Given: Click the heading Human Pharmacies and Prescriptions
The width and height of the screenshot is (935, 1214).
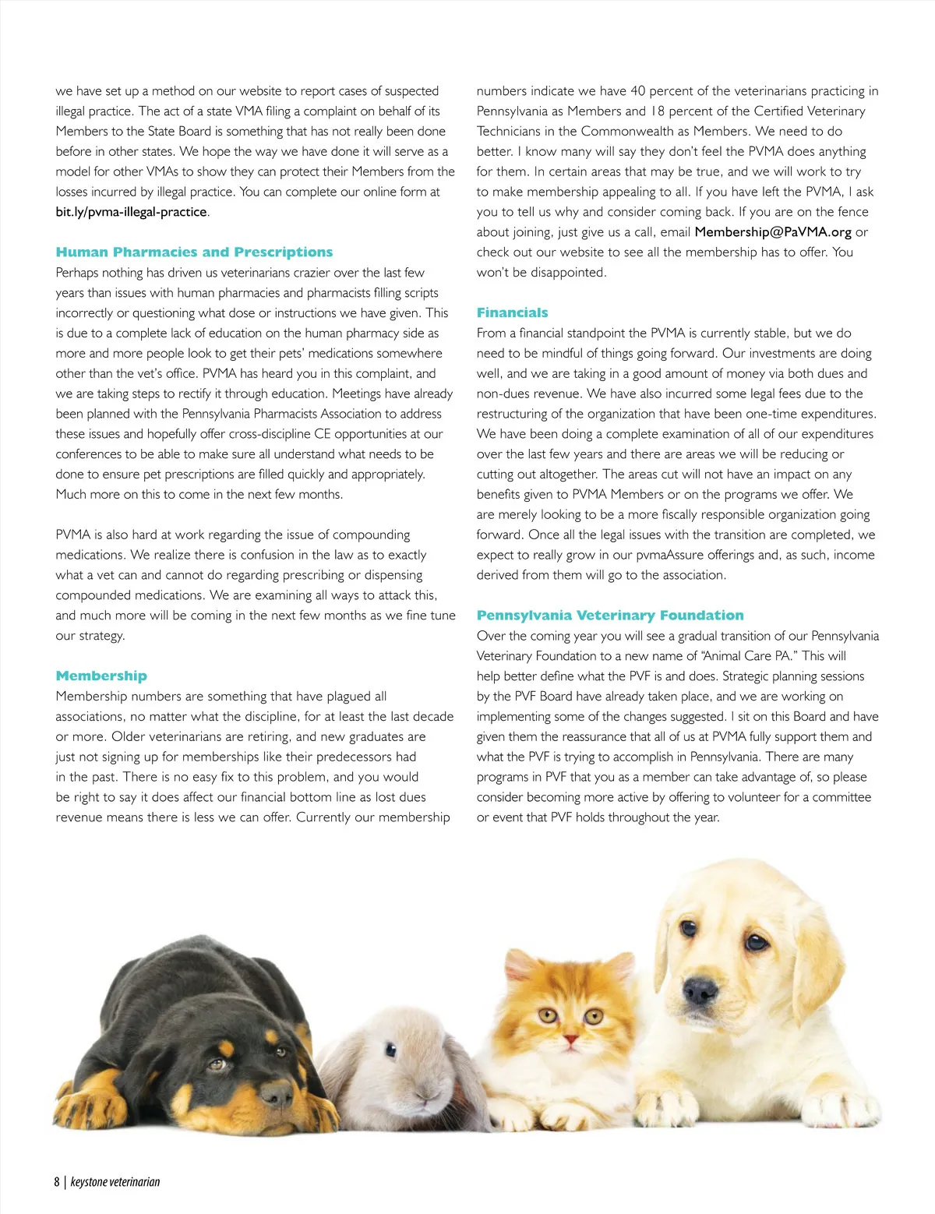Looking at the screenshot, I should (194, 252).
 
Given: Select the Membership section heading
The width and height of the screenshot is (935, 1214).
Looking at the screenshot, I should (101, 676).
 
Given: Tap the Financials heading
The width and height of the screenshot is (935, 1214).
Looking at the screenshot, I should (512, 313).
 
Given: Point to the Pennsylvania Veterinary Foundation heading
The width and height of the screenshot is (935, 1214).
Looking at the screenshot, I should (610, 616).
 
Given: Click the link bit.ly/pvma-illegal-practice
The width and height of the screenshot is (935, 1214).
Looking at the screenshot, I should (131, 212).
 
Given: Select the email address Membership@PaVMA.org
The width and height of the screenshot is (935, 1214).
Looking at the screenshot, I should (773, 232).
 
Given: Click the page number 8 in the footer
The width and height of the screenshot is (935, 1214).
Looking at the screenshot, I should (57, 1182).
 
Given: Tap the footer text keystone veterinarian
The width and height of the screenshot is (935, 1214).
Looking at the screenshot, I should (115, 1182).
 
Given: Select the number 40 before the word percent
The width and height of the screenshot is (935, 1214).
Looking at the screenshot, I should (637, 91).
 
